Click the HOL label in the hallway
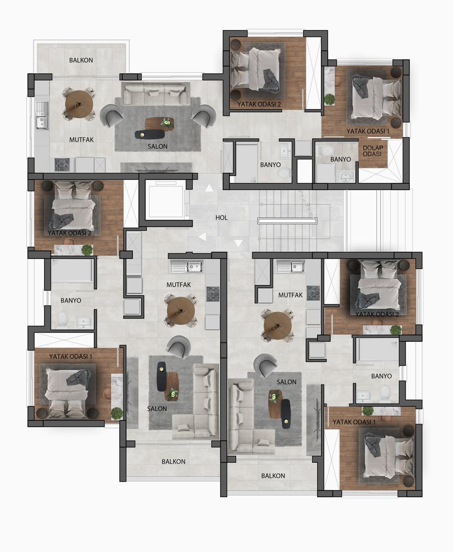[221, 217]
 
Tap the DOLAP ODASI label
[373, 151]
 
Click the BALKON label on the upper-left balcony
[81, 60]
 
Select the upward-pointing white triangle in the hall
[209, 188]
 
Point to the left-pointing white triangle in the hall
[202, 237]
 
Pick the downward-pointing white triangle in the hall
[238, 243]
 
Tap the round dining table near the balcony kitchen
[79, 104]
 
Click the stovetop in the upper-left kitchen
[62, 165]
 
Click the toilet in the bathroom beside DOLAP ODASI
[327, 151]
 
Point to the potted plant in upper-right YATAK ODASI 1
[329, 100]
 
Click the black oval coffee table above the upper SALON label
[150, 135]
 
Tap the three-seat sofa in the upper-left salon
[156, 94]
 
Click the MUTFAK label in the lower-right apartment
[290, 295]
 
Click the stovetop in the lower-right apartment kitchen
[313, 293]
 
